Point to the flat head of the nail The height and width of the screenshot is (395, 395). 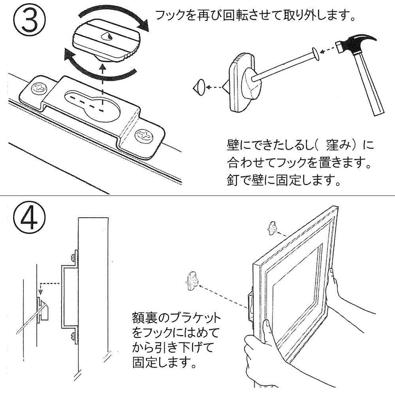click(315, 54)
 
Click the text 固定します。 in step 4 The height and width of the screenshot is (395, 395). click(164, 361)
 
